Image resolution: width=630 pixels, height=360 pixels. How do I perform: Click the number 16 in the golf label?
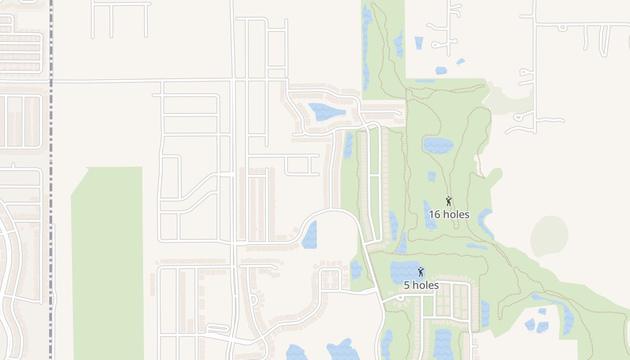pyautogui.click(x=434, y=215)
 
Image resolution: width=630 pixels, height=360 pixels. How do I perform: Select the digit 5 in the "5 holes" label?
pyautogui.click(x=407, y=285)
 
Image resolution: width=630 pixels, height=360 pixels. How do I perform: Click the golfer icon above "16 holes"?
pyautogui.click(x=448, y=201)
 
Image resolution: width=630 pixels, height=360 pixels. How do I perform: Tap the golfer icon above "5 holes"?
pyautogui.click(x=421, y=272)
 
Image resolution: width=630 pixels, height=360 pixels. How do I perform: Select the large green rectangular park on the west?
pyautogui.click(x=108, y=263)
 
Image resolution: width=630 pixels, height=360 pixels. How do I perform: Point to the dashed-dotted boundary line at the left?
pyautogui.click(x=51, y=180)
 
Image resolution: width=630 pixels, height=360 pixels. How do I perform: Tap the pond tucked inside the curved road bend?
pyautogui.click(x=310, y=235)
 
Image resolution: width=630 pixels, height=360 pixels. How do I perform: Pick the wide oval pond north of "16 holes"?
pyautogui.click(x=438, y=145)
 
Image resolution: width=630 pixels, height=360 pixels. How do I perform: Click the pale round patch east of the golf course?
pyautogui.click(x=549, y=236)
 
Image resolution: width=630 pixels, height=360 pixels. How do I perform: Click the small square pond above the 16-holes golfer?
pyautogui.click(x=432, y=176)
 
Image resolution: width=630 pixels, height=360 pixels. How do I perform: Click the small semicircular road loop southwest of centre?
pyautogui.click(x=253, y=300)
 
